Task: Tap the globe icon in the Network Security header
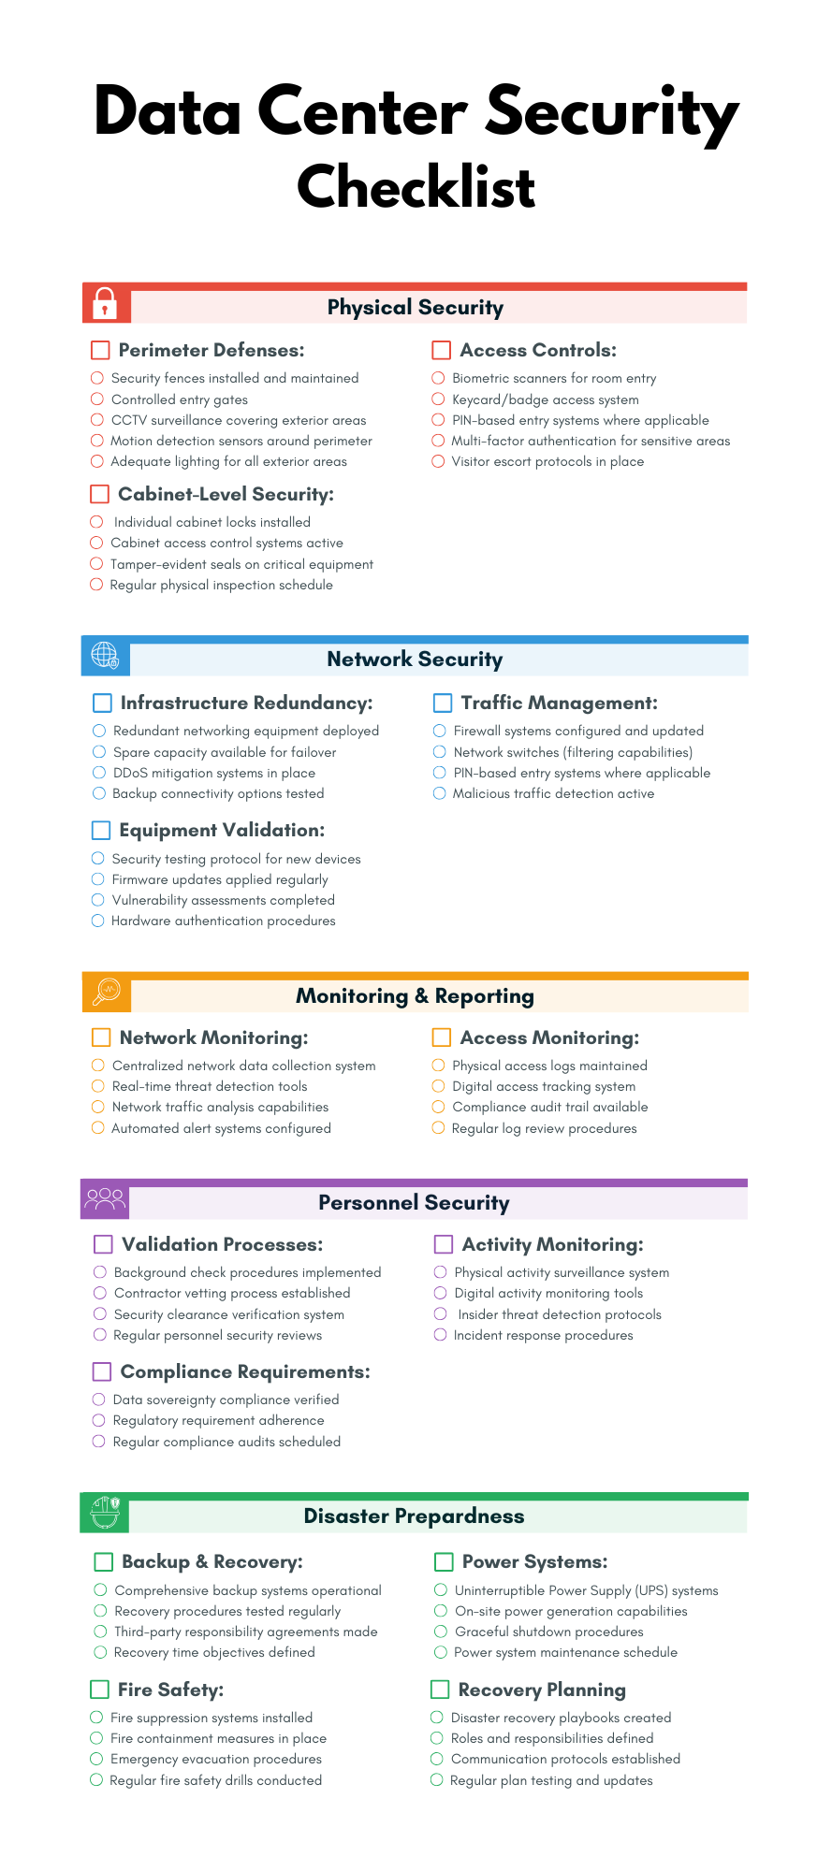pos(105,656)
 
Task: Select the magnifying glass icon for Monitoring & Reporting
pos(107,992)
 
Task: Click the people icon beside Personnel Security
pos(104,1198)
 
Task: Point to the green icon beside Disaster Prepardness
pos(104,1512)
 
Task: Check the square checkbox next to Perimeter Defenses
pos(100,350)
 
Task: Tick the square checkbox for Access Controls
pos(441,350)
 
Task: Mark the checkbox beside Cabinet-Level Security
pos(100,494)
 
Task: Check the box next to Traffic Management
pos(443,703)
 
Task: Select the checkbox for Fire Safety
pos(99,1689)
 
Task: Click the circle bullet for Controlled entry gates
pos(97,399)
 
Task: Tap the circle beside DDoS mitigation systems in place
pos(99,773)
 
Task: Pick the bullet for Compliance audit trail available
pos(438,1107)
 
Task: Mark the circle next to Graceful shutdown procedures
pos(441,1631)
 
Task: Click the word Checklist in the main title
pos(416,186)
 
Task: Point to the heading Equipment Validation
pos(222,830)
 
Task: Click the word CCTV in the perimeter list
pos(129,420)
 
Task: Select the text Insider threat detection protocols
pos(559,1314)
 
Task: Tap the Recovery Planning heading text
pos(542,1690)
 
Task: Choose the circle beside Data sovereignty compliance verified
pos(98,1400)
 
